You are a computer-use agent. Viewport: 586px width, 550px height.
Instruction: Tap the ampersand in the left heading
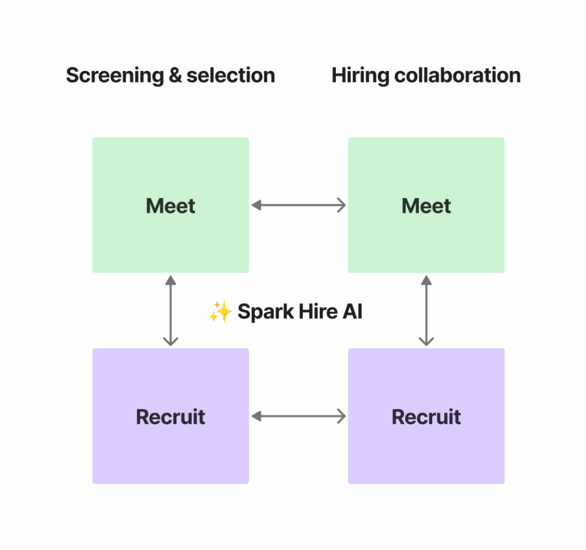[x=175, y=76]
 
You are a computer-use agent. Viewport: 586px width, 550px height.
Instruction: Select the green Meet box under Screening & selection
[x=171, y=205]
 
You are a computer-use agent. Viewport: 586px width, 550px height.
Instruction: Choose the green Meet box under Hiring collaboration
[x=426, y=205]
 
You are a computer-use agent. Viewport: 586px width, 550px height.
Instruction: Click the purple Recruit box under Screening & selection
[x=171, y=416]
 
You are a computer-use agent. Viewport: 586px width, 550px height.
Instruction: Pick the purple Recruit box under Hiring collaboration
[x=426, y=416]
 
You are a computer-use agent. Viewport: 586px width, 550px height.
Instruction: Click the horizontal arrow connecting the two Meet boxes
[x=299, y=205]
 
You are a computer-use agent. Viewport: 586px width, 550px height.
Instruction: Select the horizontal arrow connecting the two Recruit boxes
[x=299, y=416]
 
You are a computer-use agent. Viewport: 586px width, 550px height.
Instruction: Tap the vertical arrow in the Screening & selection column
[x=171, y=311]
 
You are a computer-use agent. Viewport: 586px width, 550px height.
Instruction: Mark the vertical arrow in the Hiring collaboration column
[x=426, y=311]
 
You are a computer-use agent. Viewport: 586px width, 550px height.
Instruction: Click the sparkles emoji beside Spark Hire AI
[x=220, y=312]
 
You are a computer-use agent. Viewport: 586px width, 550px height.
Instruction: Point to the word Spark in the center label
[x=260, y=312]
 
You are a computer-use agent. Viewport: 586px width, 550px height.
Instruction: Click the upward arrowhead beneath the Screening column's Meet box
[x=171, y=280]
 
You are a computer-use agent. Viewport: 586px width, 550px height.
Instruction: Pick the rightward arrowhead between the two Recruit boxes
[x=341, y=416]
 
